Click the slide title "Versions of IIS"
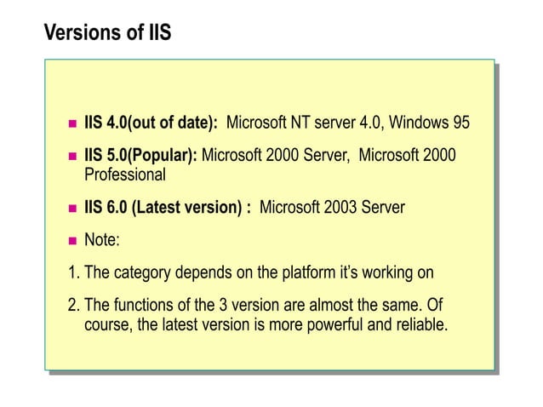coord(106,35)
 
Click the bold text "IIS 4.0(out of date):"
coord(151,123)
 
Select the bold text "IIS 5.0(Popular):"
coord(140,156)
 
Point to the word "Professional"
coord(124,175)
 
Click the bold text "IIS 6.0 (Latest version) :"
coord(167,208)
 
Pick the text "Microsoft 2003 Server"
coord(332,208)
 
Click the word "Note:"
coord(101,241)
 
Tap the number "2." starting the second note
coord(73,306)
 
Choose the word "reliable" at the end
coord(416,325)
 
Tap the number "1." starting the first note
coord(73,274)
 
